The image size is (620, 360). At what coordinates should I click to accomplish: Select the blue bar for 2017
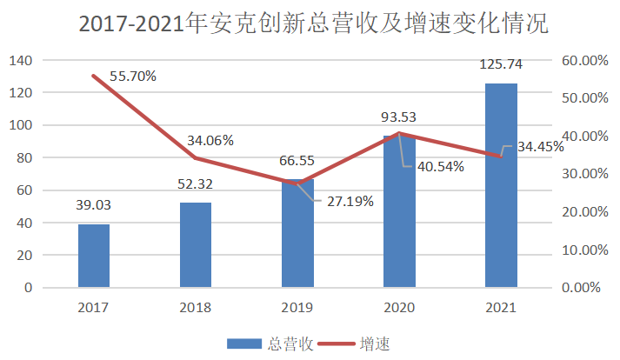94,256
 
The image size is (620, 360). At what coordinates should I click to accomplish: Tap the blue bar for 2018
196,245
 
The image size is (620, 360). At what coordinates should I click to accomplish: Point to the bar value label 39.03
94,205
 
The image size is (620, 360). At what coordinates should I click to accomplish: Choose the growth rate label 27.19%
349,202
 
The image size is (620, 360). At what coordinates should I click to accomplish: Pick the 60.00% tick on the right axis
583,60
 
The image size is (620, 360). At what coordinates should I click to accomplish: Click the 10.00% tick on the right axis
583,250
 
